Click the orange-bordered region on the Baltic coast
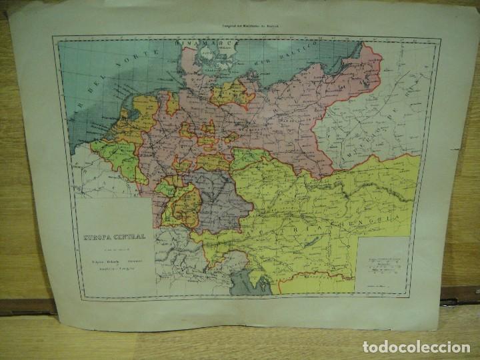point(230,93)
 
